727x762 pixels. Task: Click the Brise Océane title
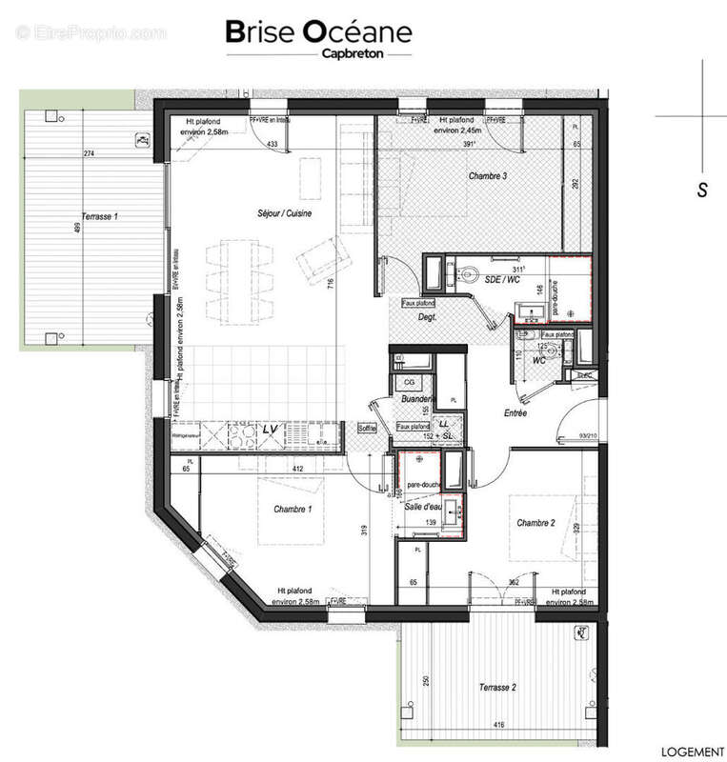(318, 32)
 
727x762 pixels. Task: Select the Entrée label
(515, 413)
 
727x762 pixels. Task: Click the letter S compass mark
(702, 190)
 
